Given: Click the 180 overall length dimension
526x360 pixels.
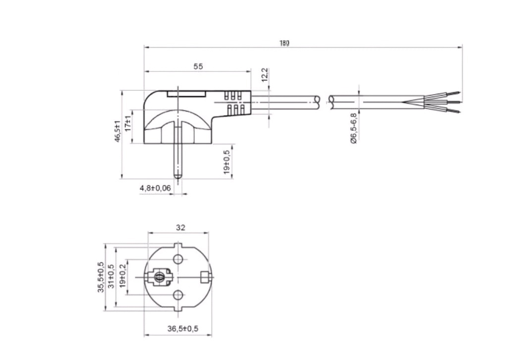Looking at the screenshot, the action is click(x=284, y=43).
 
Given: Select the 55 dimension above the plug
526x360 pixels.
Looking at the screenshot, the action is click(x=198, y=66).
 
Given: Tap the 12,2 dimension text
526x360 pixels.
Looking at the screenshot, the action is click(x=264, y=74).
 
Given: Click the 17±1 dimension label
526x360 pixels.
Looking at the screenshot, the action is click(x=128, y=123).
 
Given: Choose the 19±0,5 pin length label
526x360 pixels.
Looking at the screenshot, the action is click(x=227, y=162).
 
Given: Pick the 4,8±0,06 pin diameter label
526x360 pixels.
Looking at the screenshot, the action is click(x=155, y=188).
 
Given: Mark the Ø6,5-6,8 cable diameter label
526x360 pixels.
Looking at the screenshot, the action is click(x=354, y=128).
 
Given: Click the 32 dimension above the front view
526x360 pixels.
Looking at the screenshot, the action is click(x=180, y=228).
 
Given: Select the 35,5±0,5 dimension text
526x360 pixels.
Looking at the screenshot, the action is click(x=101, y=278).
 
